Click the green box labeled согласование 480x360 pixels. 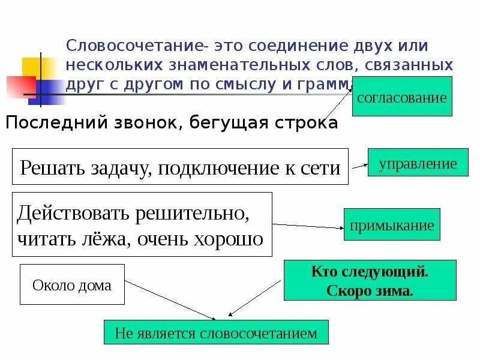point(402,97)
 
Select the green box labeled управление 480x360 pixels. point(418,163)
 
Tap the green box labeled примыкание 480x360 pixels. point(392,226)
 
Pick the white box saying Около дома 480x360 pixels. point(72,285)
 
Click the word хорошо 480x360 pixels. point(227,239)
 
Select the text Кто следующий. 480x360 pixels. point(370,272)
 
